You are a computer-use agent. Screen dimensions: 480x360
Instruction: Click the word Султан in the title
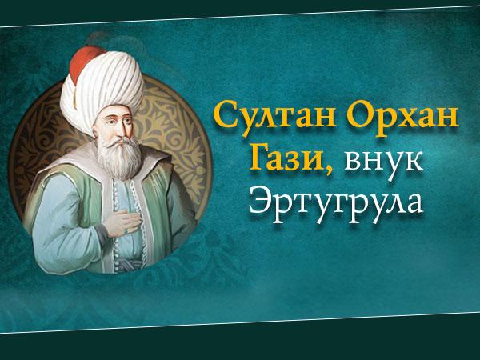274,115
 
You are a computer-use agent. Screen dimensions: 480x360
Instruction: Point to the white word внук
383,161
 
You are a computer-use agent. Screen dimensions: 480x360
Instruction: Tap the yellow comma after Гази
329,169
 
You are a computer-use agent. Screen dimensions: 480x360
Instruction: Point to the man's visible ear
96,133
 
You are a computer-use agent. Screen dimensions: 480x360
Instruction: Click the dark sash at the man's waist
129,264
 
